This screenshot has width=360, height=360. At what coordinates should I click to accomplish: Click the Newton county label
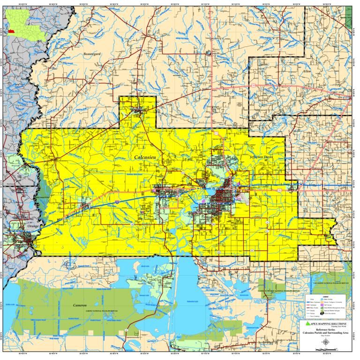point(27,79)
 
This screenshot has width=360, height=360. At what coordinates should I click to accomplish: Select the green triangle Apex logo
point(307,323)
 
